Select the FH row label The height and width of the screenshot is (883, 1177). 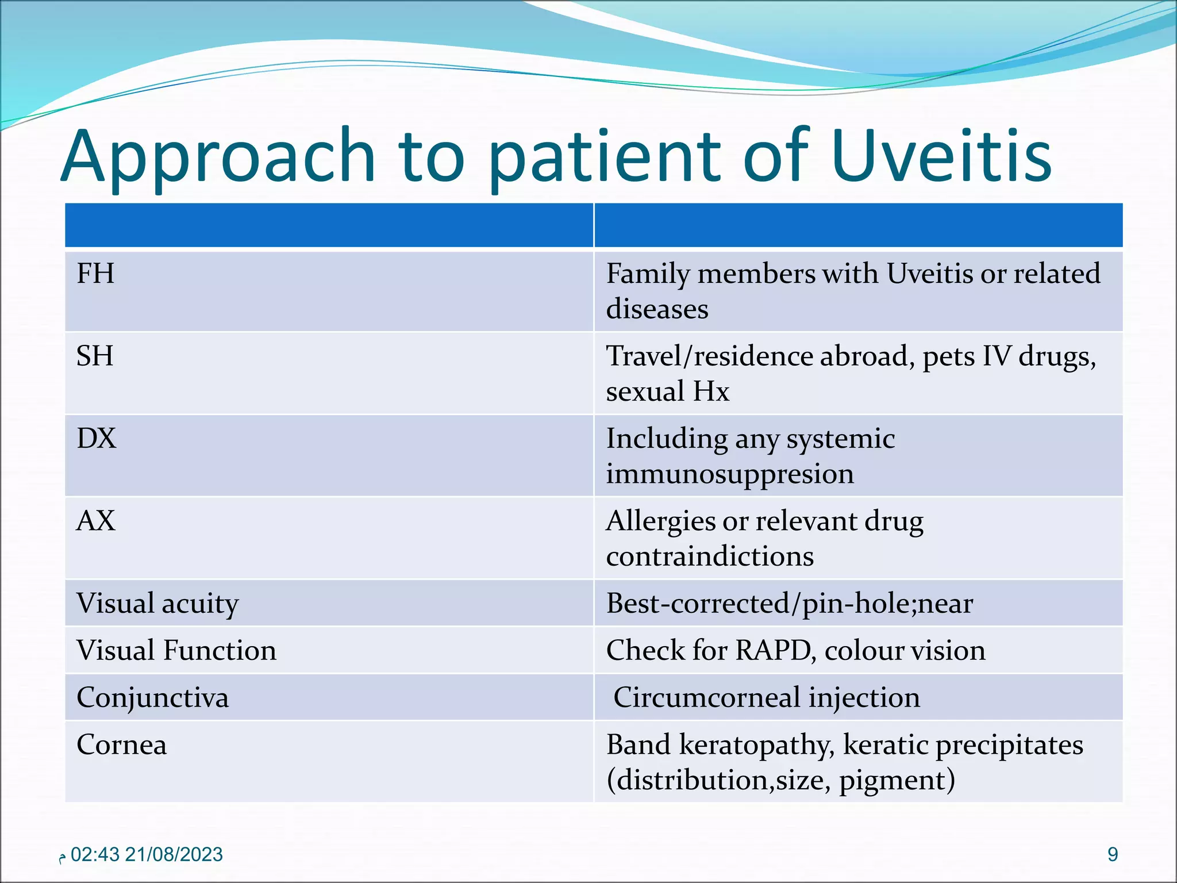95,274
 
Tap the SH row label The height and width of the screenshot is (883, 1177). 95,356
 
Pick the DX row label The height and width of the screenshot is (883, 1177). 97,439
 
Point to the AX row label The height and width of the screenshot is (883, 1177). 96,521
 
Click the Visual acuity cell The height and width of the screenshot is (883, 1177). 157,604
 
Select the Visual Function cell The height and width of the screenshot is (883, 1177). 176,651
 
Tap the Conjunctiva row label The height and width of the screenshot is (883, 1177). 152,698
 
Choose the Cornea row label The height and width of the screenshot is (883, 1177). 121,745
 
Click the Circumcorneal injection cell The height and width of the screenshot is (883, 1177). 767,697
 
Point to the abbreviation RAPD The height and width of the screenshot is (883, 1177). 774,651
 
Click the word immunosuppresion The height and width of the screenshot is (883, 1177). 730,474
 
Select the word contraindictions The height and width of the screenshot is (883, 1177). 710,556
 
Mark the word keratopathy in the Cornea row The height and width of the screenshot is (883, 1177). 757,745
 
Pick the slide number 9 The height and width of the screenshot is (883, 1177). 1113,855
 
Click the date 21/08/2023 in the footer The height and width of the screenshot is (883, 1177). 174,855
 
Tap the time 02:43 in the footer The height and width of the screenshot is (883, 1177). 95,855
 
